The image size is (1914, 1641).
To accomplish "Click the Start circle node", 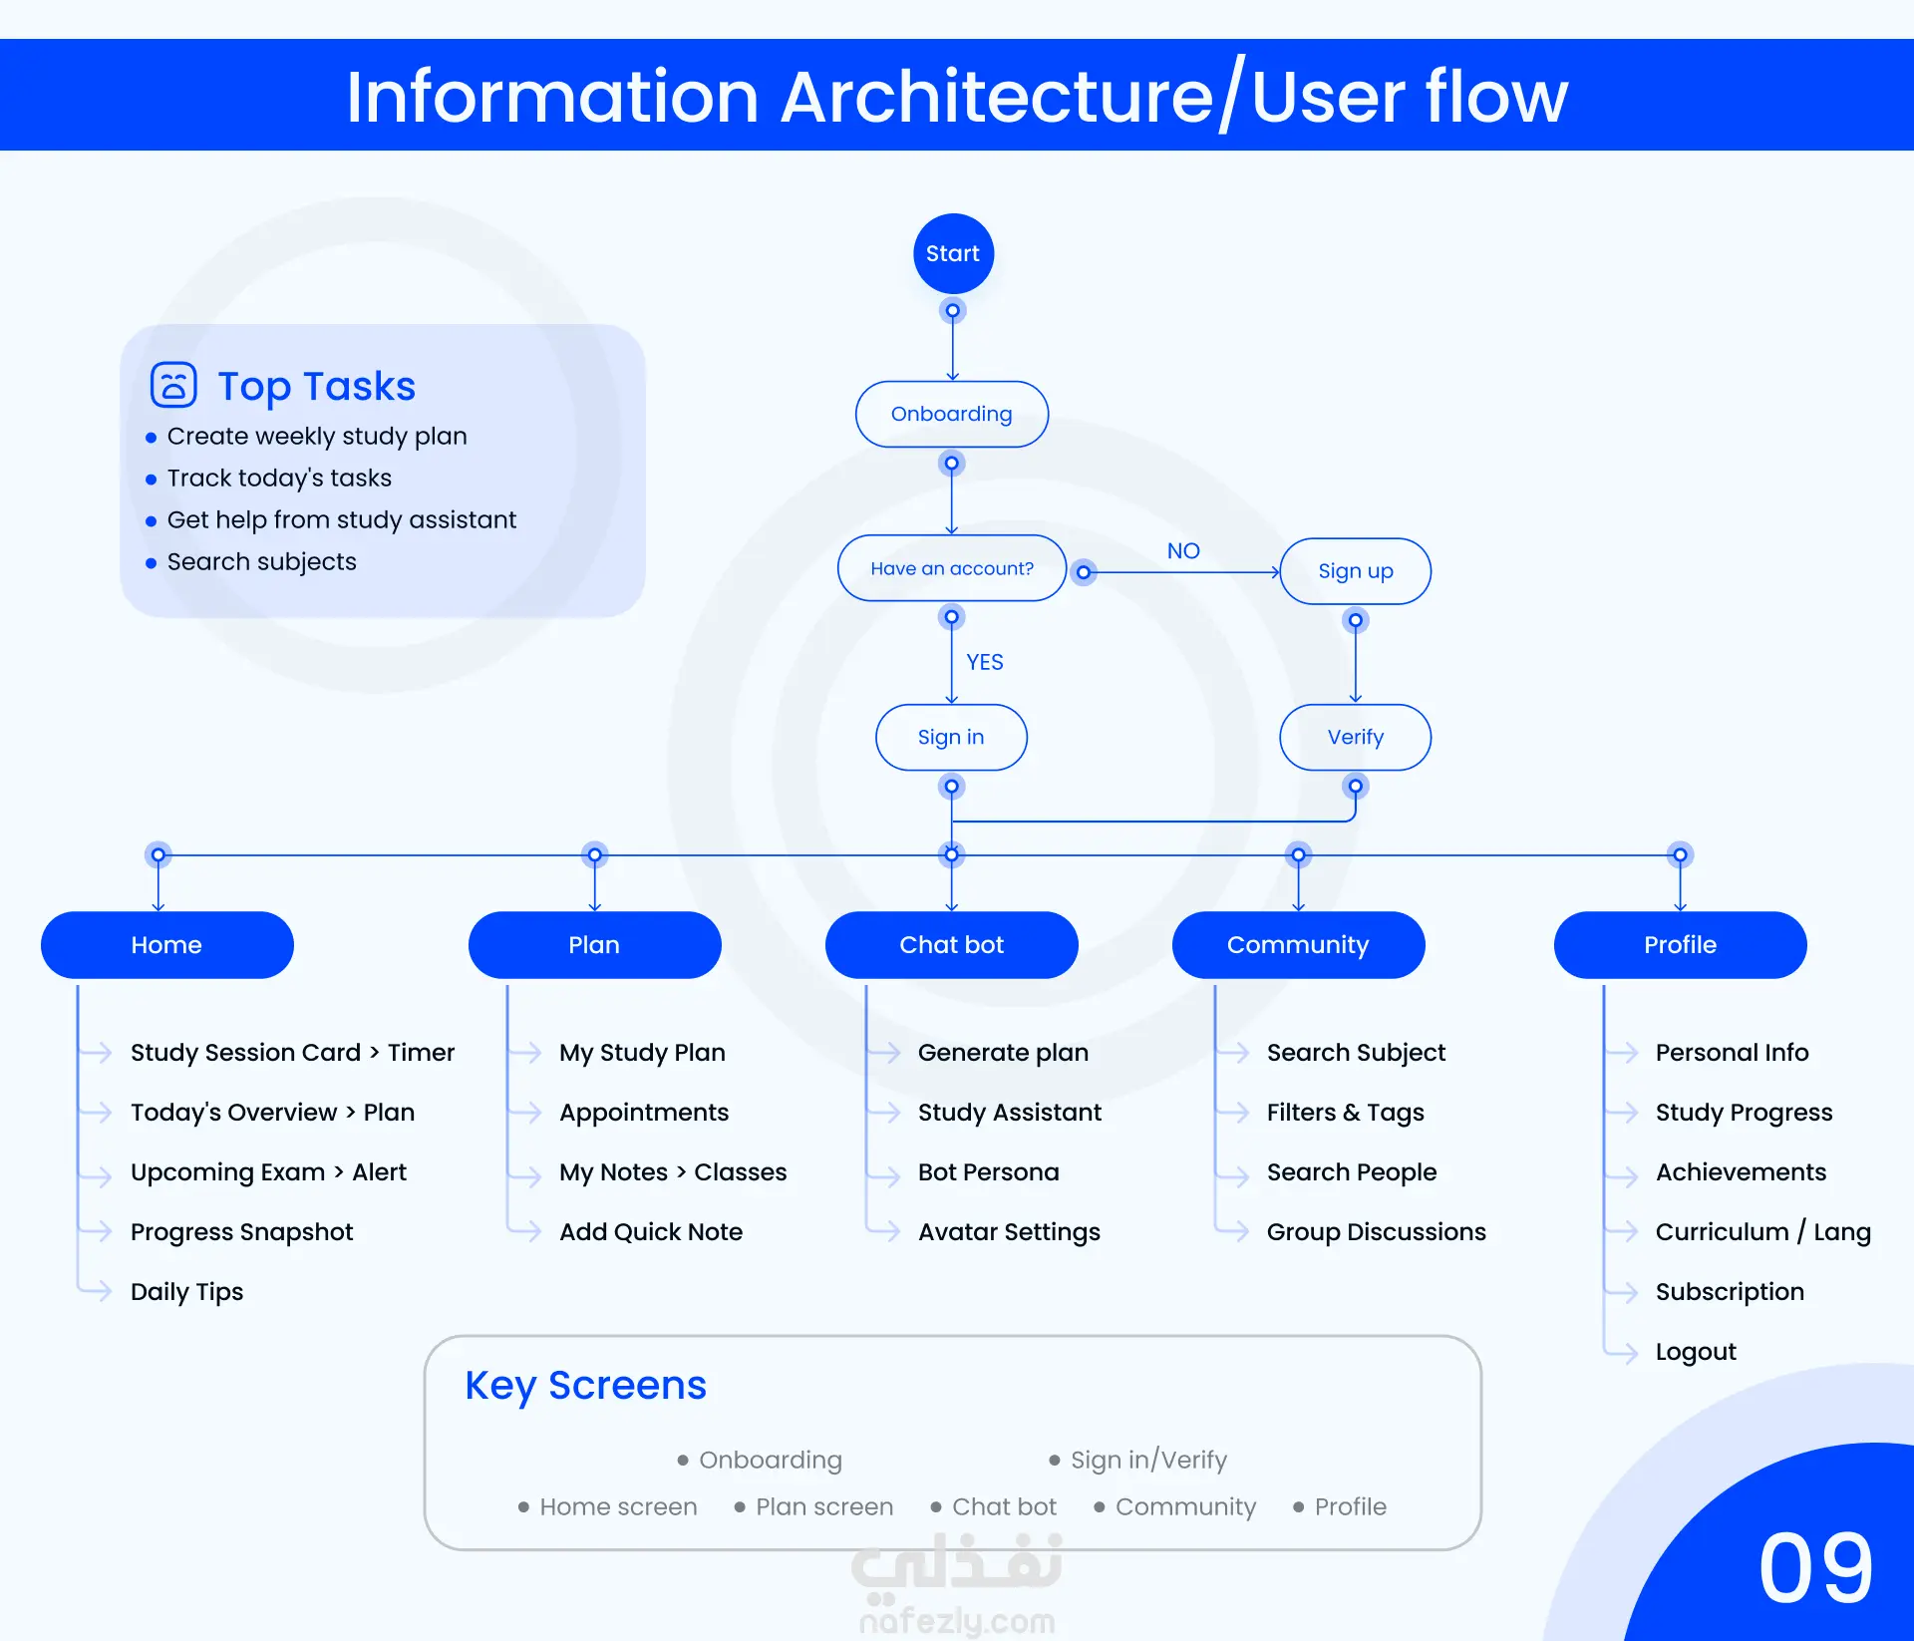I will (953, 253).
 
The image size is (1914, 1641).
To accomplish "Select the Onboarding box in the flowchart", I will (951, 414).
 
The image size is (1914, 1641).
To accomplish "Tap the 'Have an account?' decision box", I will (952, 568).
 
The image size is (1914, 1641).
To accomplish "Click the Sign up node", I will (1355, 571).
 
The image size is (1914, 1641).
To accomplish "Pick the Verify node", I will (1355, 737).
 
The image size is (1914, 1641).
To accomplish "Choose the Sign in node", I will (951, 737).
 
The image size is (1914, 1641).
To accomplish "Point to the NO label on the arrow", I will (1183, 550).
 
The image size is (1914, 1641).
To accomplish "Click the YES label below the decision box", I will (984, 662).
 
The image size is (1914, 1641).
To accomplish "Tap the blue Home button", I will (166, 944).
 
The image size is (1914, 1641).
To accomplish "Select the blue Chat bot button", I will (951, 944).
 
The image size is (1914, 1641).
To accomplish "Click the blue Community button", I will (1298, 944).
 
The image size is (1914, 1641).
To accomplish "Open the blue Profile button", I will (1680, 944).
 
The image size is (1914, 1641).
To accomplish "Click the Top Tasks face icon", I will (173, 385).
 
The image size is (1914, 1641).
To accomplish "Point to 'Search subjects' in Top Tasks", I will (261, 561).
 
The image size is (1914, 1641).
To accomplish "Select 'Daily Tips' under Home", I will (186, 1291).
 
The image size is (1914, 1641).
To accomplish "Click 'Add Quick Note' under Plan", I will (650, 1231).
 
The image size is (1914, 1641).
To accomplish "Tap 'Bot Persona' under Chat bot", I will (988, 1171).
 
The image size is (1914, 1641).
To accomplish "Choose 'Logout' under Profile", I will (1695, 1351).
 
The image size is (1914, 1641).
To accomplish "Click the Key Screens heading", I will (585, 1386).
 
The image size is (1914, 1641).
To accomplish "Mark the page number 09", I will (1815, 1567).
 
